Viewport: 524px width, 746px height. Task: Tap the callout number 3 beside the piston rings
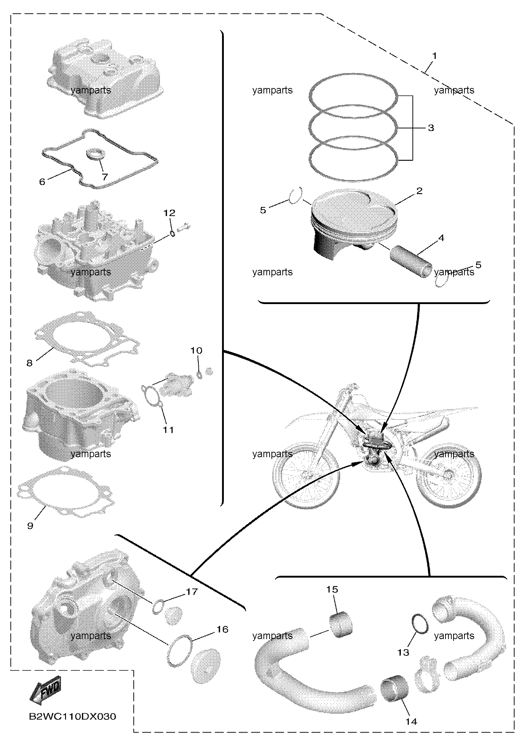431,128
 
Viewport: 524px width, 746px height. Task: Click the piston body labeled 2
354,224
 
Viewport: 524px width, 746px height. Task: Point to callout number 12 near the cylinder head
169,213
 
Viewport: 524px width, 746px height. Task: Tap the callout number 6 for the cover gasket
42,181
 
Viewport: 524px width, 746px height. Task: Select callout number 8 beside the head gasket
30,363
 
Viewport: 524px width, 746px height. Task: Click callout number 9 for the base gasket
30,526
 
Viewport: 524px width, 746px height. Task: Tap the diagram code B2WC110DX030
73,717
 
